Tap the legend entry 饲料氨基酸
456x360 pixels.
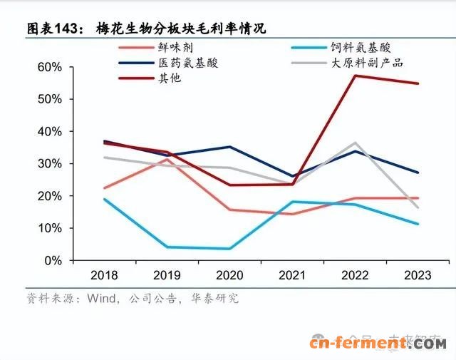[361, 48]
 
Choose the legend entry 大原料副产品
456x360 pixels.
[367, 63]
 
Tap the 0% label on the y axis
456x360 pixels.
[51, 261]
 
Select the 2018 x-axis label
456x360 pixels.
[105, 274]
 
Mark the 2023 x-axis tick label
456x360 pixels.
[418, 274]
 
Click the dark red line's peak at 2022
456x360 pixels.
[355, 76]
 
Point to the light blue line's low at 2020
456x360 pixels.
[229, 249]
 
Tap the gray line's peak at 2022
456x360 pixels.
[356, 143]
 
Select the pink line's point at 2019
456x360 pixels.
[167, 159]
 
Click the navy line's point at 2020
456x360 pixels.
[229, 147]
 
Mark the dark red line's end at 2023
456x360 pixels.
[418, 83]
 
